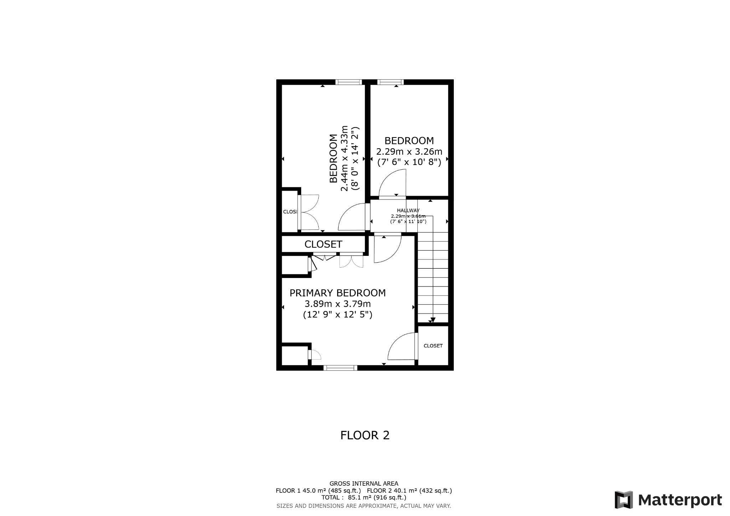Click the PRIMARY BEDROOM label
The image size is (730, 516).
[x=337, y=293]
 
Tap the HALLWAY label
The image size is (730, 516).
[x=408, y=211]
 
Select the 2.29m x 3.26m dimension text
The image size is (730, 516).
[x=409, y=151]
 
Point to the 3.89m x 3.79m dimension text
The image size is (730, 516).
[x=337, y=304]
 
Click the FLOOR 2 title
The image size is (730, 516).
[x=365, y=435]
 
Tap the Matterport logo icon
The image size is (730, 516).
[x=623, y=500]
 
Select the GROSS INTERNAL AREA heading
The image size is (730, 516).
[x=364, y=484]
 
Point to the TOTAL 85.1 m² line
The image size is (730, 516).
[x=364, y=497]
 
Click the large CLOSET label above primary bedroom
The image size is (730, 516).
[x=323, y=244]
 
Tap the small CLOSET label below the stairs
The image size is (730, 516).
[x=433, y=346]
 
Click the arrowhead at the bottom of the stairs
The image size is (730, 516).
[x=433, y=320]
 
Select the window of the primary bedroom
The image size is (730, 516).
[x=340, y=368]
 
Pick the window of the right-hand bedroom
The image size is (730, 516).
[x=390, y=82]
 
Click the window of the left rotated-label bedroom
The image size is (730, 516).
[x=349, y=82]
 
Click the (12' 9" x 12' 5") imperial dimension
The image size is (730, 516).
[x=337, y=315]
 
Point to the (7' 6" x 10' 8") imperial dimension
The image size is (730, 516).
[x=409, y=162]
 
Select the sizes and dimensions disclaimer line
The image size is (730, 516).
[x=364, y=506]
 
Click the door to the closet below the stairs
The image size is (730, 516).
[x=416, y=346]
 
